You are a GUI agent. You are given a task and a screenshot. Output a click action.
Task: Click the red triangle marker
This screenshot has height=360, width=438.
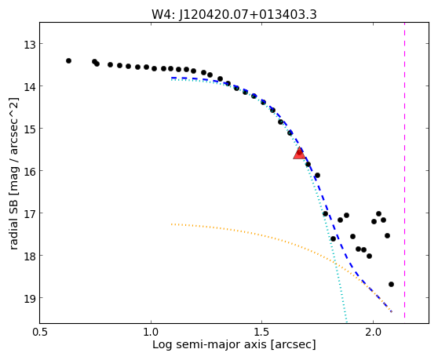[299, 154]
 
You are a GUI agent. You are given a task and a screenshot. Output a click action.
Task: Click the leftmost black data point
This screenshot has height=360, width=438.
[69, 61]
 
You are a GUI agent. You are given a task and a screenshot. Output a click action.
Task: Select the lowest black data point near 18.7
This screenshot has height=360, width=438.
[391, 285]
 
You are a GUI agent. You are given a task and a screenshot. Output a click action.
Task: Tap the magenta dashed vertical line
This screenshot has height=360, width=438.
[404, 170]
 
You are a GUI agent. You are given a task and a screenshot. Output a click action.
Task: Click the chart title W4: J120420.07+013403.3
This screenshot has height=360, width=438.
[234, 15]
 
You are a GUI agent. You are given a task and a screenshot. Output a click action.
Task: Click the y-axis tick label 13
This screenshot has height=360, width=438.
[29, 45]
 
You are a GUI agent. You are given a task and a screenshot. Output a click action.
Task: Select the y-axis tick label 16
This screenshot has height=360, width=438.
[29, 172]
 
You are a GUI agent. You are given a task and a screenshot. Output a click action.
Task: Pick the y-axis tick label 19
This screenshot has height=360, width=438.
[29, 299]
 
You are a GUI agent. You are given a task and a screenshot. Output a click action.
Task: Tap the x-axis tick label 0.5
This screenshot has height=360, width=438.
[41, 333]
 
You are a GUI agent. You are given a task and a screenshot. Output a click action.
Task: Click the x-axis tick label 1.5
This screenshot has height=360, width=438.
[261, 333]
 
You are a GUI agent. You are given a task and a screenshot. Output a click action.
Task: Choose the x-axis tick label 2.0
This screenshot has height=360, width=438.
[373, 333]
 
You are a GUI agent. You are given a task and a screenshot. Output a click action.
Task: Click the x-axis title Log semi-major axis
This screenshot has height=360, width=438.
[210, 345]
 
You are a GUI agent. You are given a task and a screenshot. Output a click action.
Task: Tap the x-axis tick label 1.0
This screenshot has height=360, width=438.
[151, 333]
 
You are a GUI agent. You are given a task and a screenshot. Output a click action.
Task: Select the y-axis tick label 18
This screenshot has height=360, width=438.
[29, 256]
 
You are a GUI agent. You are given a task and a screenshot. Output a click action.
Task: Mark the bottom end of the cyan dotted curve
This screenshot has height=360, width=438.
[347, 322]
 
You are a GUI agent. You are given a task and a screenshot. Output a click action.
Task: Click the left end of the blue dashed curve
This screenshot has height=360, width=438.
[172, 78]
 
